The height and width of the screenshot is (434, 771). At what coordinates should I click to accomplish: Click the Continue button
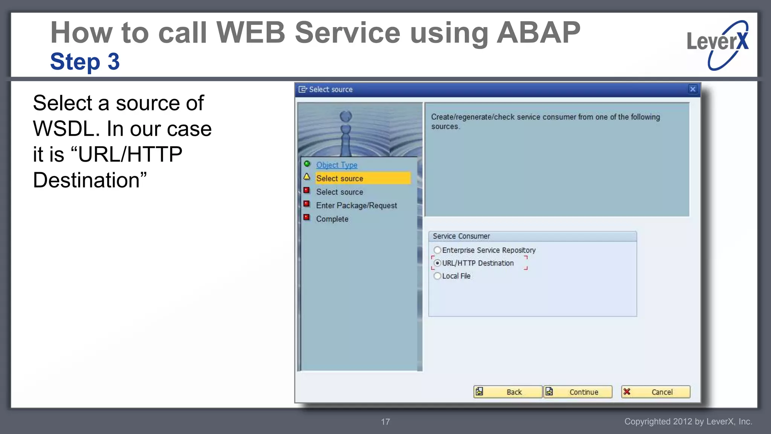pos(578,392)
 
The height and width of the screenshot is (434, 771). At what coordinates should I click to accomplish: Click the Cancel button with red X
pos(655,392)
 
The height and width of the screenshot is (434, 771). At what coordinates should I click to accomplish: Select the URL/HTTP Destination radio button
pos(437,263)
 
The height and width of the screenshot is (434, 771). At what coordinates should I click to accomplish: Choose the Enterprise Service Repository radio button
pos(437,250)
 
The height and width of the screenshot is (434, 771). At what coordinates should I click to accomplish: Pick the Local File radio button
pos(437,276)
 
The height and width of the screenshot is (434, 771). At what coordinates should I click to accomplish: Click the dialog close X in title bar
pos(692,89)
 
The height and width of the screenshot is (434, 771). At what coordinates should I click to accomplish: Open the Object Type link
pos(337,165)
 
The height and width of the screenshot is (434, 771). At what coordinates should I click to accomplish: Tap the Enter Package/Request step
pos(356,205)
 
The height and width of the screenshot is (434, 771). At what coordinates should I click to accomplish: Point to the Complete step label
pos(332,219)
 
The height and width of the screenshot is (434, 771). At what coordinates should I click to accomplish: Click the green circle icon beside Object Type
pos(307,164)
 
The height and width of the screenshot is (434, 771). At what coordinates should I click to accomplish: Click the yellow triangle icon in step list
pos(307,177)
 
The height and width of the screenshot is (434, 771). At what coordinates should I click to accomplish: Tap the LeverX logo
pos(717,44)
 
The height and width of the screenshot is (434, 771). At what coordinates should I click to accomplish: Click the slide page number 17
pos(385,422)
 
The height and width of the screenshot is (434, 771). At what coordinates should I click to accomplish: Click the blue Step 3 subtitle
pos(85,61)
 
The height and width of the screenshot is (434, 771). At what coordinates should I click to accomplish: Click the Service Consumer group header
pos(461,236)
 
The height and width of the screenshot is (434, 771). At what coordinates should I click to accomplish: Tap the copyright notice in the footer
pos(688,422)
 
